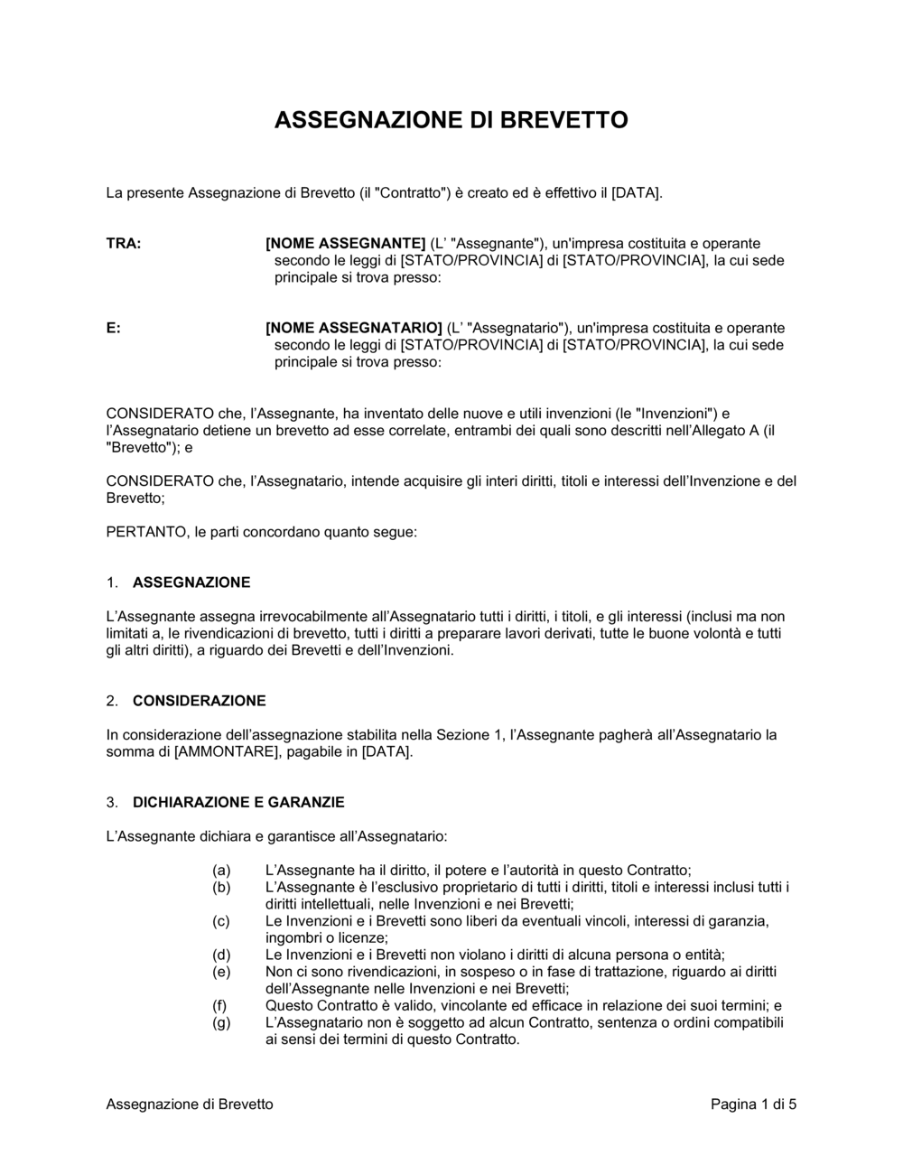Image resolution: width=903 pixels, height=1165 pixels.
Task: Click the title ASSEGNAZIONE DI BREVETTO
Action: pos(451,120)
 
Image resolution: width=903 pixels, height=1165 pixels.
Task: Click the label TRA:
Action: pos(124,244)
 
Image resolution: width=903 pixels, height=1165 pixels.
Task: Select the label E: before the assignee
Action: pos(114,329)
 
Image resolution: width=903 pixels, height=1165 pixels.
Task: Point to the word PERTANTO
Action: pos(147,533)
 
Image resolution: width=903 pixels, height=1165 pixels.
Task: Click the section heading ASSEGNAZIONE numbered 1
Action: pos(191,582)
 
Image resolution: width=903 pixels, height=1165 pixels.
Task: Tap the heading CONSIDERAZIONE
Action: pos(199,701)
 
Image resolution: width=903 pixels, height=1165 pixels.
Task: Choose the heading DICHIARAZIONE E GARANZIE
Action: pos(238,803)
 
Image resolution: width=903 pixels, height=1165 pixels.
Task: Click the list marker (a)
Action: pos(221,871)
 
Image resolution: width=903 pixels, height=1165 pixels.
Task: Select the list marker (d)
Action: pos(221,955)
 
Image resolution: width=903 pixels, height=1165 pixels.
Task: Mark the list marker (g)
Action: pos(221,1023)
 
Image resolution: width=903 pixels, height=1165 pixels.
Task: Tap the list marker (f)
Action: pos(220,1006)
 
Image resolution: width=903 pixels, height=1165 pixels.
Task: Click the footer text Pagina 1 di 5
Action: pos(753,1104)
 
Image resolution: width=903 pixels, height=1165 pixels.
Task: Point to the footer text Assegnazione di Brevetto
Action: pos(190,1104)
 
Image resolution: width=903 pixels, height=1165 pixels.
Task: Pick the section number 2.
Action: pos(111,701)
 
